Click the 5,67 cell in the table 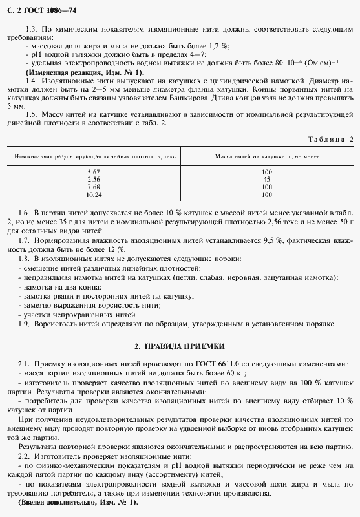pos(94,173)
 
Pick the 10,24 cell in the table pos(94,194)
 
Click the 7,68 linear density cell pos(94,187)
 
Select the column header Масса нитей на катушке pos(267,157)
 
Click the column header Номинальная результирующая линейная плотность pos(94,157)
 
